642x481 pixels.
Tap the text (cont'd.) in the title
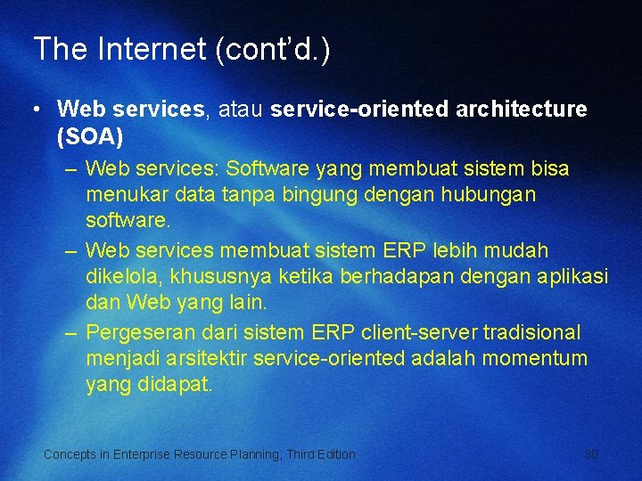[273, 49]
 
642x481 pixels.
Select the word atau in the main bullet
[238, 110]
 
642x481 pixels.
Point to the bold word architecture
[522, 110]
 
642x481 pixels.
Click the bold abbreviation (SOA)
[90, 138]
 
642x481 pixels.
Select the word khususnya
[200, 276]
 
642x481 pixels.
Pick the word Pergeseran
[143, 333]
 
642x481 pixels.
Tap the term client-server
[419, 333]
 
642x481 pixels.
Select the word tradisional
[532, 333]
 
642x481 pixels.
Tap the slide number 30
[591, 454]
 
